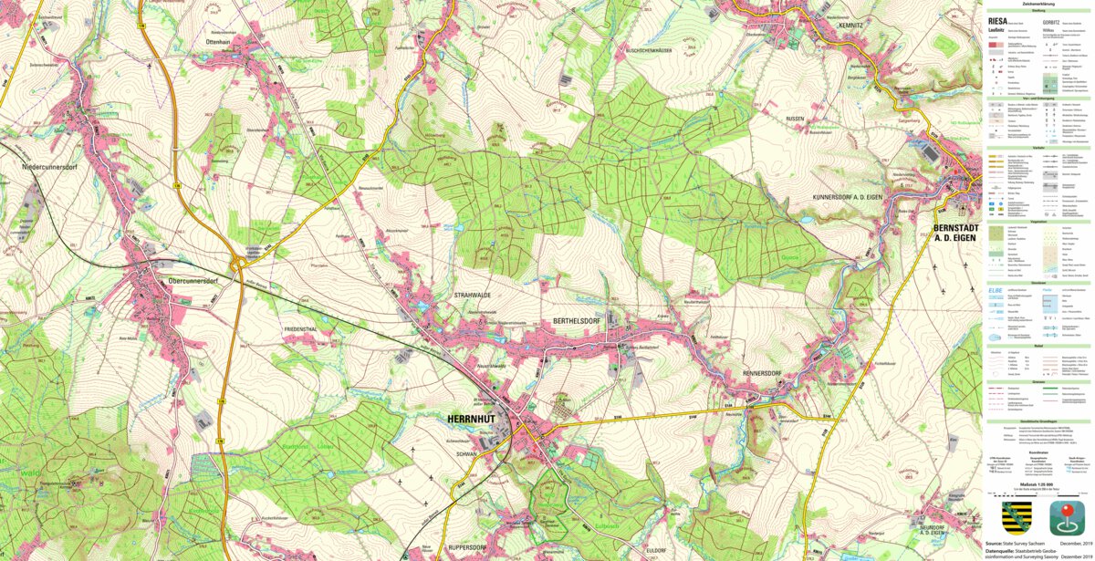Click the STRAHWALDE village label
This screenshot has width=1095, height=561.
point(473,296)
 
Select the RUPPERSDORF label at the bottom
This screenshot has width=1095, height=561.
point(471,547)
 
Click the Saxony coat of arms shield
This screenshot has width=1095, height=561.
point(1016,517)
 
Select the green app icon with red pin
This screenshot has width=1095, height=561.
point(1067,517)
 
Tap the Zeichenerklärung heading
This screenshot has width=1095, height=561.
point(1038,4)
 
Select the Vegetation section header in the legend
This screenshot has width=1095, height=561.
point(1038,222)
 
